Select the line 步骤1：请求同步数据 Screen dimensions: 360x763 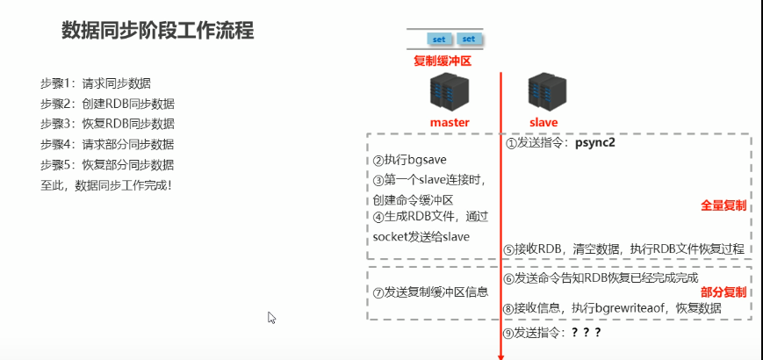coord(96,83)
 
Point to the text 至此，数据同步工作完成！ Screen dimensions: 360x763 coord(106,185)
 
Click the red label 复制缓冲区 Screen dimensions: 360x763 coord(443,61)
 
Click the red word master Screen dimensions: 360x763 coord(450,122)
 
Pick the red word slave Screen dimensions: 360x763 coord(544,122)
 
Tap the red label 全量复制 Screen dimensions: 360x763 coord(723,205)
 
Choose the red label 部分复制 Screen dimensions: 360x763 coord(723,292)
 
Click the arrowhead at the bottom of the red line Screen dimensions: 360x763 coord(501,356)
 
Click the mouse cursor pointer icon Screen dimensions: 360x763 coord(272,318)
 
